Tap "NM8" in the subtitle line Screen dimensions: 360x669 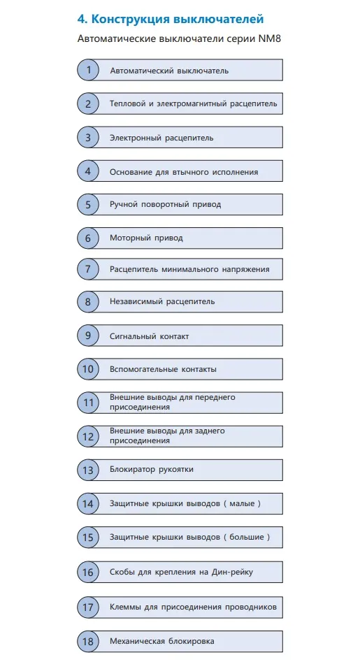[270, 39]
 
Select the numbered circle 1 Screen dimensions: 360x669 [88, 69]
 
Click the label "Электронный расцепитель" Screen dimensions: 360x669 [161, 138]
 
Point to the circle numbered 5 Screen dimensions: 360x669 [88, 204]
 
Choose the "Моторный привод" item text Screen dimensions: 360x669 [146, 238]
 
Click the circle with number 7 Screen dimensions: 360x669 [88, 269]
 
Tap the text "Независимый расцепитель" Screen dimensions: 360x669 [162, 302]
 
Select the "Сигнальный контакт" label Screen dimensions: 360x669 [150, 336]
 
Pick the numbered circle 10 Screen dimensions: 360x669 [88, 369]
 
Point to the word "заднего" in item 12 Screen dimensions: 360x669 [210, 431]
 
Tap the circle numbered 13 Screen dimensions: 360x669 [88, 470]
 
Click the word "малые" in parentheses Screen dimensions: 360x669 [242, 503]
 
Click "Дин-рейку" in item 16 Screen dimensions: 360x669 [233, 572]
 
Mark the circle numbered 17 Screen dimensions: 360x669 [88, 607]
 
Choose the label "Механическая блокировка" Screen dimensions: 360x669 [162, 641]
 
